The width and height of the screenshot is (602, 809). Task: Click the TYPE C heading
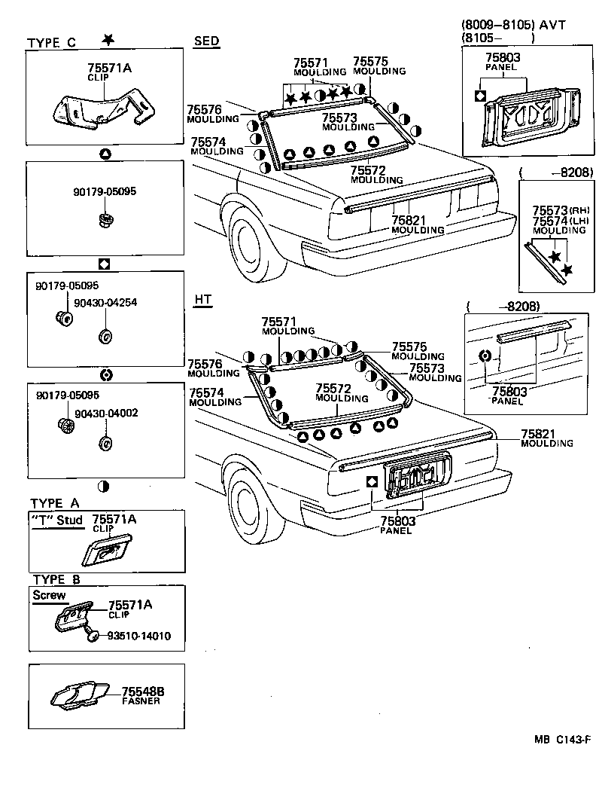coord(51,43)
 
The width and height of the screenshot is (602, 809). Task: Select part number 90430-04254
coord(105,303)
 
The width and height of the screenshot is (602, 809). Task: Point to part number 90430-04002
coord(105,414)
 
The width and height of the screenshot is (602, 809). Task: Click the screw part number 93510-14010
coord(138,636)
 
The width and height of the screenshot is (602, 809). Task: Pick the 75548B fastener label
coord(143,691)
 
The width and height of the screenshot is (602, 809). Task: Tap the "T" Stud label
coord(58,520)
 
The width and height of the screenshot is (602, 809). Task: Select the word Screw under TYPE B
coord(49,595)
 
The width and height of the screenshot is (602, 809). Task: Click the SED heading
coord(206,41)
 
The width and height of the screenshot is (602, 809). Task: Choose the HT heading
coord(203,300)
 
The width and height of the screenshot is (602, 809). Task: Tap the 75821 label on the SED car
coord(407,220)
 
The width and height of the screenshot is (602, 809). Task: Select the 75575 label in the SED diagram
coord(370,62)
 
